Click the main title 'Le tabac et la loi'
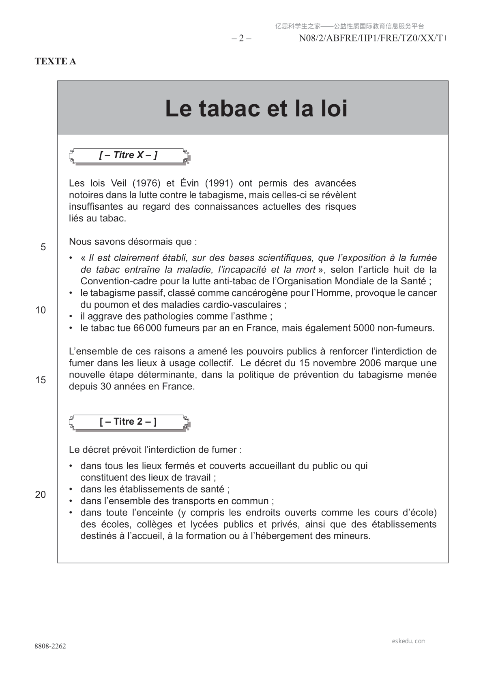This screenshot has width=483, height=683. (256, 108)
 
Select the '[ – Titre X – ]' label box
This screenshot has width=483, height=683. (128, 155)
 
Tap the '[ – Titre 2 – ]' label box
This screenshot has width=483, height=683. (128, 422)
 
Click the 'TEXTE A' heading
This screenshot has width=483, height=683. (55, 61)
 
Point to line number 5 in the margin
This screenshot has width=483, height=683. (43, 247)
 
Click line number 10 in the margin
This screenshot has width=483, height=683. (41, 310)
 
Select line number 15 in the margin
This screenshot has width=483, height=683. (41, 380)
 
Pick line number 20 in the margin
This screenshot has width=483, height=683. (41, 494)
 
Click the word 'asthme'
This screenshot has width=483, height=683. (255, 316)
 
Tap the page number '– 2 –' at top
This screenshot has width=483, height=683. (241, 39)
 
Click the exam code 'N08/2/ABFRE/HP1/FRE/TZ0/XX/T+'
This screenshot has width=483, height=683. (374, 39)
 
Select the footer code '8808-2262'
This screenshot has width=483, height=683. (50, 646)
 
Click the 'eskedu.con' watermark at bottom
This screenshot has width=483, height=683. (408, 641)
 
